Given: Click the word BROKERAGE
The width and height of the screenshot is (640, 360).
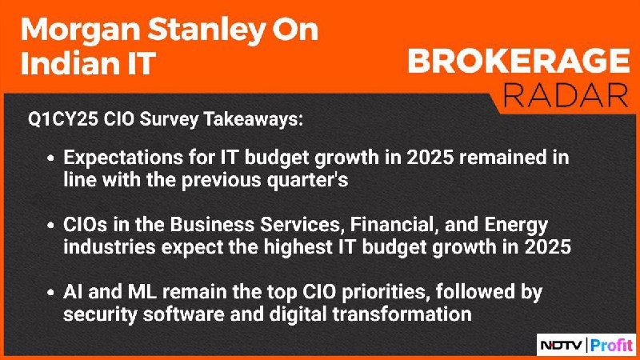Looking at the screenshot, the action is (x=518, y=62).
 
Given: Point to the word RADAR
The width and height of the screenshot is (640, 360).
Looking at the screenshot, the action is (x=566, y=95).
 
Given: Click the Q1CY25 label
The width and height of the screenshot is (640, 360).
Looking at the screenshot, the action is (x=63, y=119).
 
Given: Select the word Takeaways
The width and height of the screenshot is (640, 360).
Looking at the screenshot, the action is (x=254, y=119).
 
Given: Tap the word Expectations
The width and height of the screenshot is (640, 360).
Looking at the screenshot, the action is (x=122, y=158).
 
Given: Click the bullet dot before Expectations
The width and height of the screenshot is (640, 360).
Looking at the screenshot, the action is (x=50, y=158).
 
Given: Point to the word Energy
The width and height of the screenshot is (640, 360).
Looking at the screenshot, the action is (x=516, y=226).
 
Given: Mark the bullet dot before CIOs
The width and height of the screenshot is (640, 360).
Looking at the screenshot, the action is (x=50, y=226).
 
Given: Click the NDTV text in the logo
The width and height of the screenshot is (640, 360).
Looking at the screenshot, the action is (x=562, y=346).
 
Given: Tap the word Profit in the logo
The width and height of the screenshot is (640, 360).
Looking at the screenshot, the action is (x=611, y=346).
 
